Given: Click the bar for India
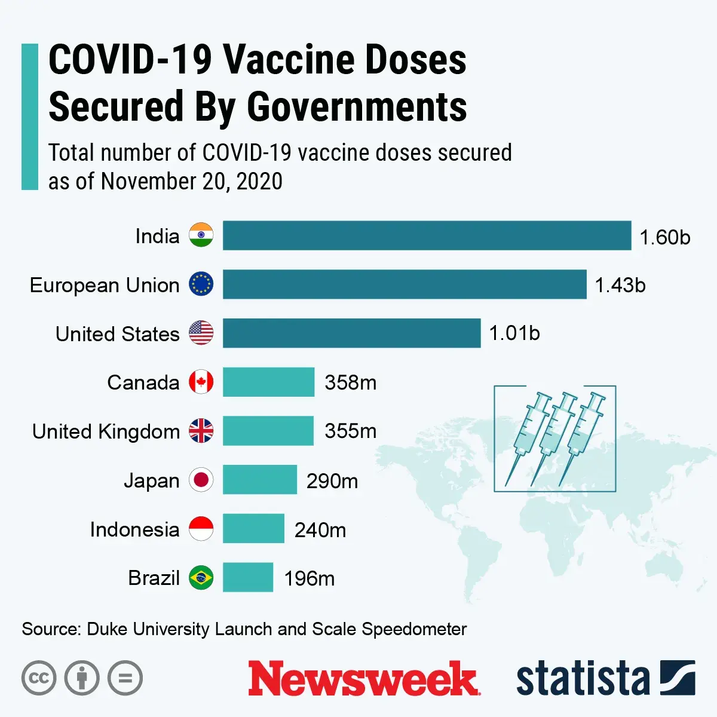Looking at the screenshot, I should (x=427, y=235).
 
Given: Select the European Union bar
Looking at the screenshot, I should (x=405, y=284).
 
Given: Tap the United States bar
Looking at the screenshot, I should (x=351, y=333).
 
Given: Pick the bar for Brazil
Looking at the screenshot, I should (x=248, y=577).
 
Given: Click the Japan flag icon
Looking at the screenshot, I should (x=201, y=480).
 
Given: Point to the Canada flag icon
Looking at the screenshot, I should (x=201, y=382).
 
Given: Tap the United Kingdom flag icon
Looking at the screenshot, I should (x=201, y=431).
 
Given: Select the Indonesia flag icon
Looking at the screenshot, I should (x=201, y=529).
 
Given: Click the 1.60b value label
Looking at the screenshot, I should (x=664, y=237).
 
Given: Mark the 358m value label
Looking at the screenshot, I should (x=351, y=382).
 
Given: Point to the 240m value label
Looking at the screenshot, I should (x=320, y=529).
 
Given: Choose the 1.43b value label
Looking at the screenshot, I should (x=620, y=285).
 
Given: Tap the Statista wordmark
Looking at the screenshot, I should (x=583, y=679).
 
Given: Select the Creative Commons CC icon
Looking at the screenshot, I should (x=39, y=678).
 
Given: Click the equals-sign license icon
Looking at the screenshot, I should (x=125, y=678).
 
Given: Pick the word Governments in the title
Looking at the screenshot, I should (x=357, y=107).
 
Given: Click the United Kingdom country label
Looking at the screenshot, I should (x=106, y=431).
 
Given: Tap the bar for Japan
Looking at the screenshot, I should (x=260, y=480).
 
